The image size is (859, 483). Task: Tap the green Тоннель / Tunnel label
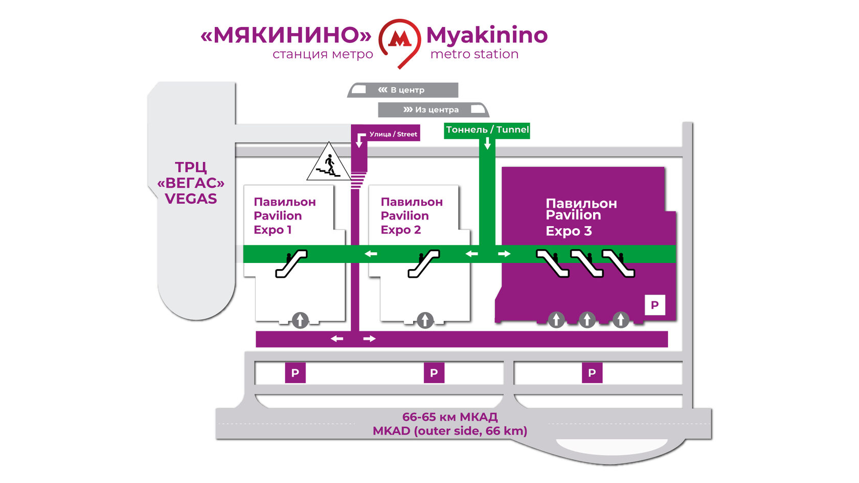pyautogui.click(x=487, y=130)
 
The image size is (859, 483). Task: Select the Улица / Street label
pyautogui.click(x=393, y=134)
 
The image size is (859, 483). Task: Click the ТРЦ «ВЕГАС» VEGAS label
pyautogui.click(x=191, y=183)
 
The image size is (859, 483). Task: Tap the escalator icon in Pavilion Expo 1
pyautogui.click(x=291, y=263)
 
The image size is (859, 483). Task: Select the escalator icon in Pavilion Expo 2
pyautogui.click(x=423, y=263)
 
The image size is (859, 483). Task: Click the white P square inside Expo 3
pyautogui.click(x=654, y=305)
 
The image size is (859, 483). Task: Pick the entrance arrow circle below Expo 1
pyautogui.click(x=300, y=320)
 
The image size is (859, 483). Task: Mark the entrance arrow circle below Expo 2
pyautogui.click(x=425, y=320)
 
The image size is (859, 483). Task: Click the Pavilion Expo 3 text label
pyautogui.click(x=581, y=217)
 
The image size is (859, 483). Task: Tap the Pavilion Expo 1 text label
pyautogui.click(x=284, y=215)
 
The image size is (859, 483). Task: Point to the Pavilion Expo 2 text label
pyautogui.click(x=411, y=215)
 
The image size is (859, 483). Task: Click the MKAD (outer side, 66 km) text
pyautogui.click(x=449, y=431)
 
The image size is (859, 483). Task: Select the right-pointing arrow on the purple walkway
pyautogui.click(x=369, y=339)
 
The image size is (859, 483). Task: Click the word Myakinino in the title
pyautogui.click(x=486, y=35)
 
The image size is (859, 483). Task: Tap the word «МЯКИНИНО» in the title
pyautogui.click(x=286, y=35)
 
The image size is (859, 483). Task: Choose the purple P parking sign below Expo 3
pyautogui.click(x=592, y=373)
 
